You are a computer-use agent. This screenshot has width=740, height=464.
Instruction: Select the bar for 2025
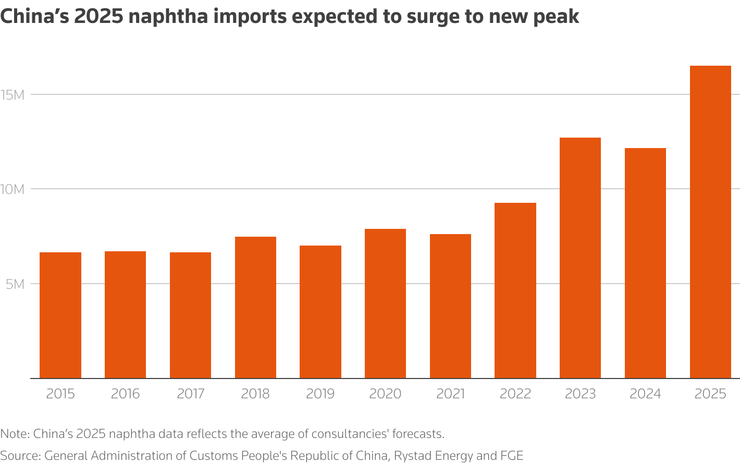(710, 222)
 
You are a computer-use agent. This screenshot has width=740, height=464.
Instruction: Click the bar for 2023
(580, 258)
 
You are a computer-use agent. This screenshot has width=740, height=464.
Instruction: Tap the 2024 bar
(645, 263)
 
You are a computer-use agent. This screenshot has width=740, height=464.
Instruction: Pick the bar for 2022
(515, 290)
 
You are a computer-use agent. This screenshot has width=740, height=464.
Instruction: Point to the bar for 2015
(60, 315)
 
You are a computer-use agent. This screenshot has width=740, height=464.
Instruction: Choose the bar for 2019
(320, 312)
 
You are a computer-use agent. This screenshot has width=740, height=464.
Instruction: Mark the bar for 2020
(385, 303)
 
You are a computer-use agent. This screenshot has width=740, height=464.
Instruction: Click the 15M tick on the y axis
(13, 95)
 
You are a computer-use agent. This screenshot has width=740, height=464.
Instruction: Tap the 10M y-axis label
(13, 189)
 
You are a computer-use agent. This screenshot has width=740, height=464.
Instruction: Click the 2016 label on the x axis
(125, 394)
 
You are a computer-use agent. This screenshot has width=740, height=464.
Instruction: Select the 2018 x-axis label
(255, 394)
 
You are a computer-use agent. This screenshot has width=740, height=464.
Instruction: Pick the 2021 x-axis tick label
(450, 394)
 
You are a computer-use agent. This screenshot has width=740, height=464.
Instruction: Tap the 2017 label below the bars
(190, 394)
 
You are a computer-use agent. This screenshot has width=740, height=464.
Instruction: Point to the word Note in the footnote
(15, 434)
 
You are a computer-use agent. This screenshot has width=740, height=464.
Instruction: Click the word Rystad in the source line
(412, 456)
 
